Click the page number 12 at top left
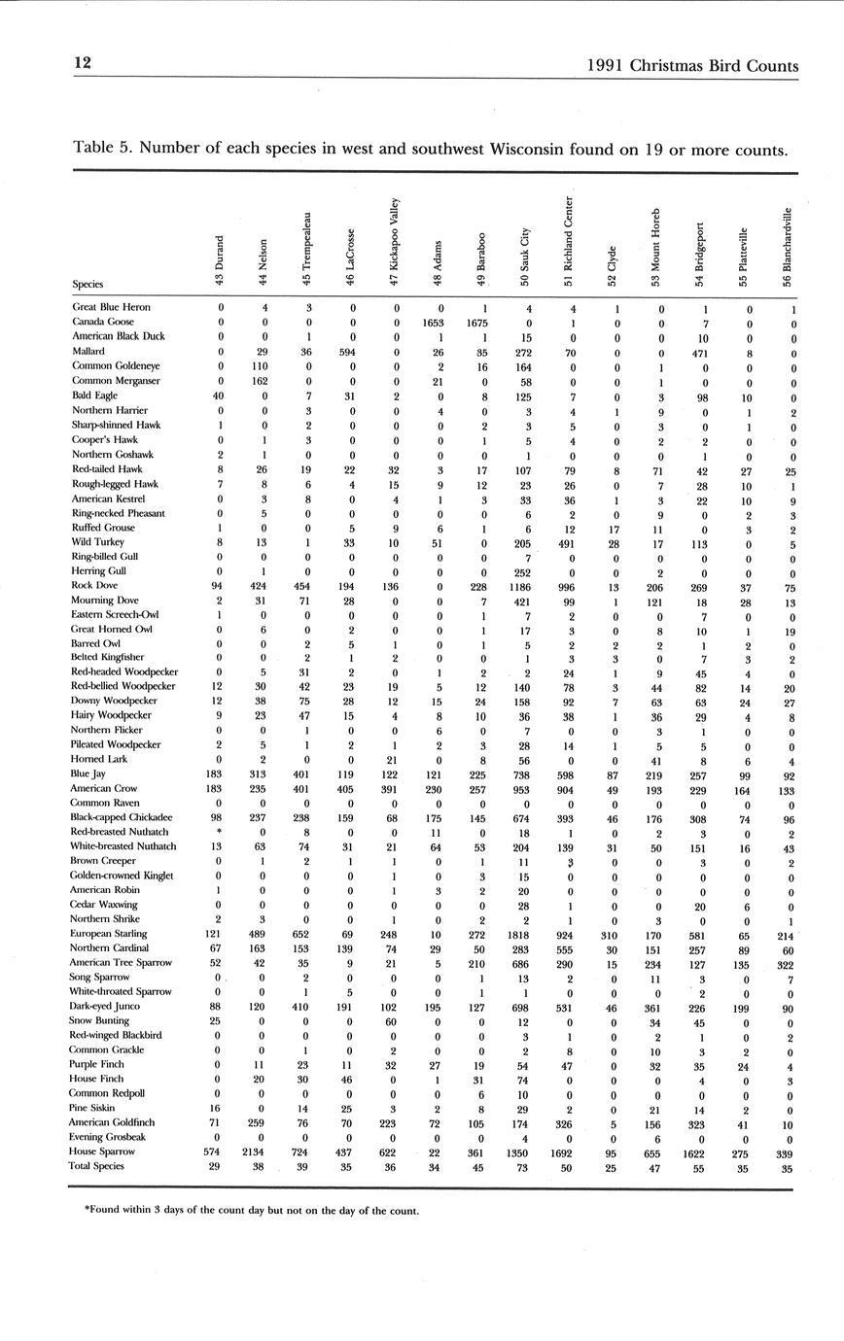pos(83,63)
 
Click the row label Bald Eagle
pos(93,395)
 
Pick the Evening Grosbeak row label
pos(109,1136)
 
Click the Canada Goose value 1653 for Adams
pos(433,322)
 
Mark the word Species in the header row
pos(87,285)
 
